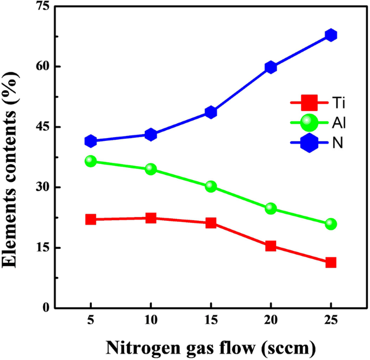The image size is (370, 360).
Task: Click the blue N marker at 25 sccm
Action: pyautogui.click(x=331, y=35)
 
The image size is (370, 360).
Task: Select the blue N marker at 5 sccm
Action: pyautogui.click(x=91, y=141)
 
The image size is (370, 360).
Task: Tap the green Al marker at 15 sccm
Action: pyautogui.click(x=211, y=187)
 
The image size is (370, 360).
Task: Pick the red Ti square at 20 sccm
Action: pyautogui.click(x=271, y=246)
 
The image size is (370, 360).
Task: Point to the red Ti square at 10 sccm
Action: pyautogui.click(x=151, y=218)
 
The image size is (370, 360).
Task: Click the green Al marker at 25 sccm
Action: pyautogui.click(x=331, y=224)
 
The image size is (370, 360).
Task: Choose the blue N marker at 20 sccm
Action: pyautogui.click(x=271, y=67)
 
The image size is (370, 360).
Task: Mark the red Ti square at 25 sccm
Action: pyautogui.click(x=331, y=262)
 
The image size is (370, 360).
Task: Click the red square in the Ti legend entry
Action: pyautogui.click(x=308, y=101)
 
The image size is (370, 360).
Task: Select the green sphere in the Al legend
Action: pyautogui.click(x=308, y=123)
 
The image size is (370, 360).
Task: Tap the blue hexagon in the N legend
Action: pyautogui.click(x=308, y=144)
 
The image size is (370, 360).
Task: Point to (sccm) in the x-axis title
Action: pyautogui.click(x=286, y=346)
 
